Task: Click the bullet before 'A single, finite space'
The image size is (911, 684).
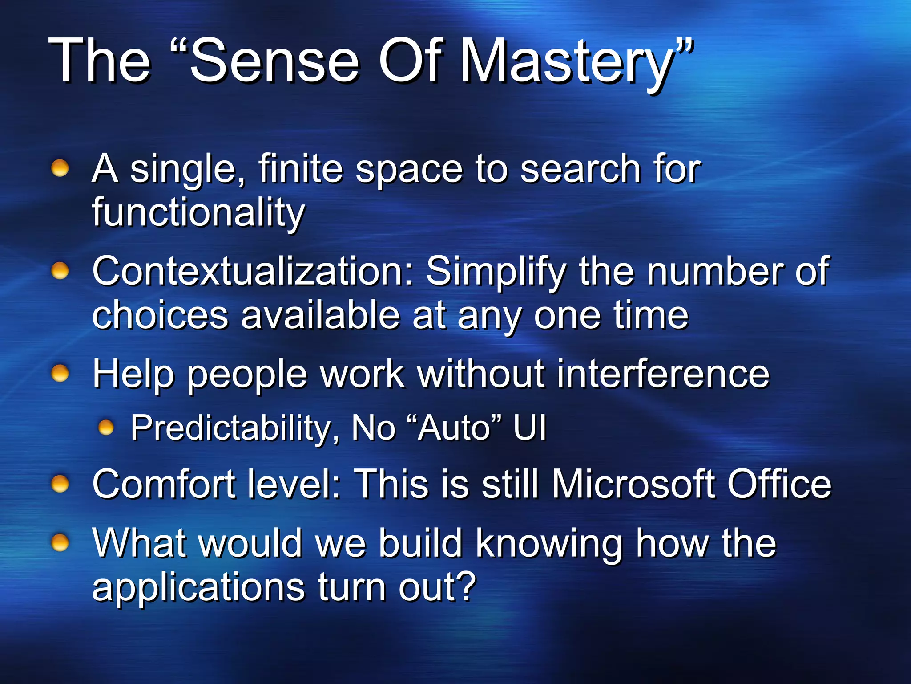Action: click(60, 168)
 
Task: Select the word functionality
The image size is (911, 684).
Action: click(198, 212)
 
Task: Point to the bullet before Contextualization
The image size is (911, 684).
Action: click(60, 271)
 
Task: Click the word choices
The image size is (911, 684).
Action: click(160, 315)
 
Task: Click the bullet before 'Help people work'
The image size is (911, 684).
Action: click(60, 373)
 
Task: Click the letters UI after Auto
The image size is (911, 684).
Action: click(529, 427)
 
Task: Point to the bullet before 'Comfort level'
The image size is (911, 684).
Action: click(60, 484)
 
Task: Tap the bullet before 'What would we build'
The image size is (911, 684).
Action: click(60, 543)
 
